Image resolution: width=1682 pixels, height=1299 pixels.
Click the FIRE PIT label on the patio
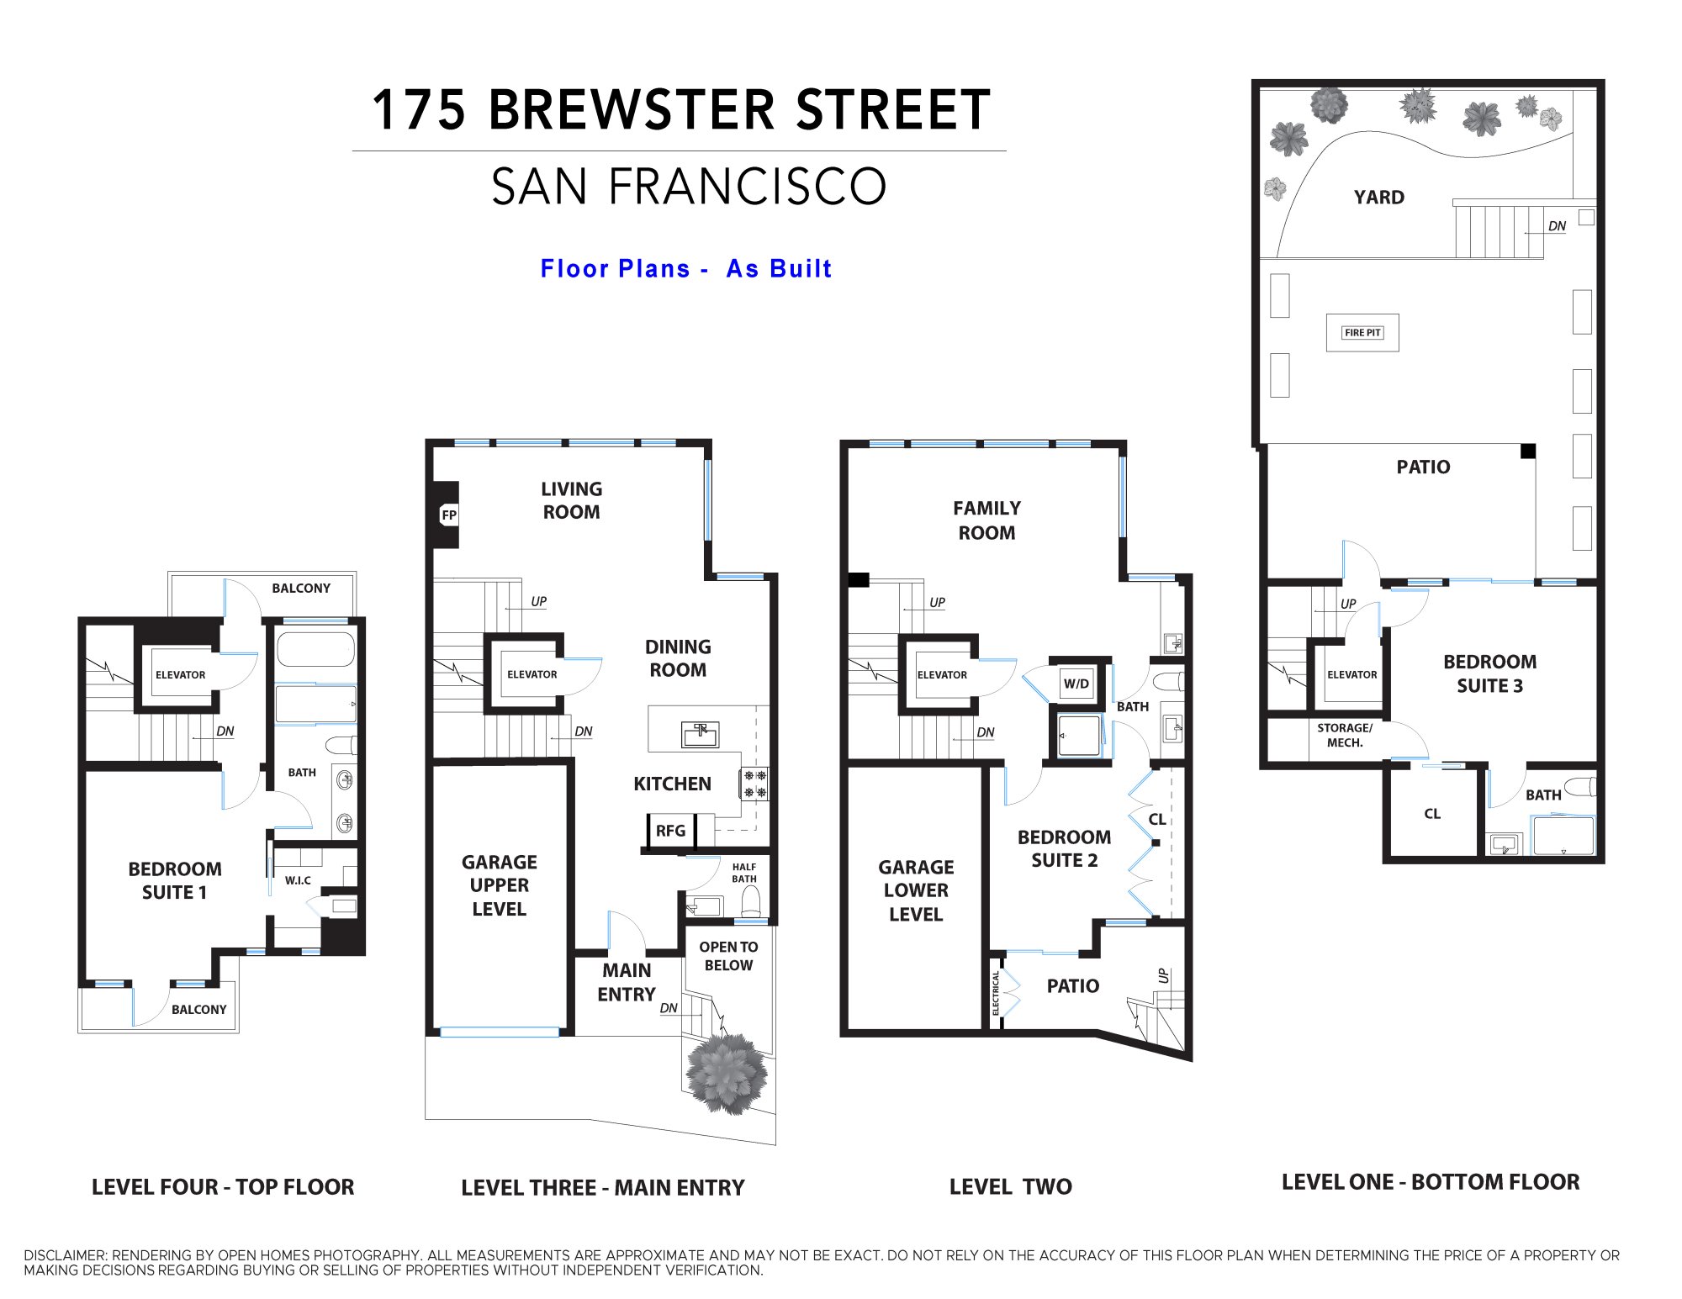1362,333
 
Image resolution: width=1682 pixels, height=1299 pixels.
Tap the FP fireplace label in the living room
449,515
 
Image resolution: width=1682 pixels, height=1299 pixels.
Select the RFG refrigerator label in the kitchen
670,831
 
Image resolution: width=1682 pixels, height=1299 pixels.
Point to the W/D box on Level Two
1076,683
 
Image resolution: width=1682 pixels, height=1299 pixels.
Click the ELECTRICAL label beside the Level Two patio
997,993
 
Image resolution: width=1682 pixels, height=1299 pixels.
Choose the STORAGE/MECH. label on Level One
1345,736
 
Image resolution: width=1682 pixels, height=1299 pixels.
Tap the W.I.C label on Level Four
298,880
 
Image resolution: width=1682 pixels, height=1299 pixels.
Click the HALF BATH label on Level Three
744,873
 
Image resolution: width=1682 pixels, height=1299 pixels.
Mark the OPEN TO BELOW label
728,956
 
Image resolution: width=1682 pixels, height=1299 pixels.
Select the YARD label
1379,198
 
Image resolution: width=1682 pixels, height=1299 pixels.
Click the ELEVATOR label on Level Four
180,675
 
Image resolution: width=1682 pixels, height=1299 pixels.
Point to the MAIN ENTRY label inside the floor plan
627,982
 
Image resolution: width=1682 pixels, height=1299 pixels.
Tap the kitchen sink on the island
700,735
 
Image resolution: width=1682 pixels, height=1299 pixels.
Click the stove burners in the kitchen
755,784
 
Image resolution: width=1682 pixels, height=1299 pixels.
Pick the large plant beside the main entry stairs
727,1073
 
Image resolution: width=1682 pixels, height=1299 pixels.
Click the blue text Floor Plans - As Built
686,269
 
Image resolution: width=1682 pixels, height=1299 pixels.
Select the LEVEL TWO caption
1011,1187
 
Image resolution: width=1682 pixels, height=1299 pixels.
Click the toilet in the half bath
750,902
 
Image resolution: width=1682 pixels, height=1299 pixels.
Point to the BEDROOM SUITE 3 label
1490,673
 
